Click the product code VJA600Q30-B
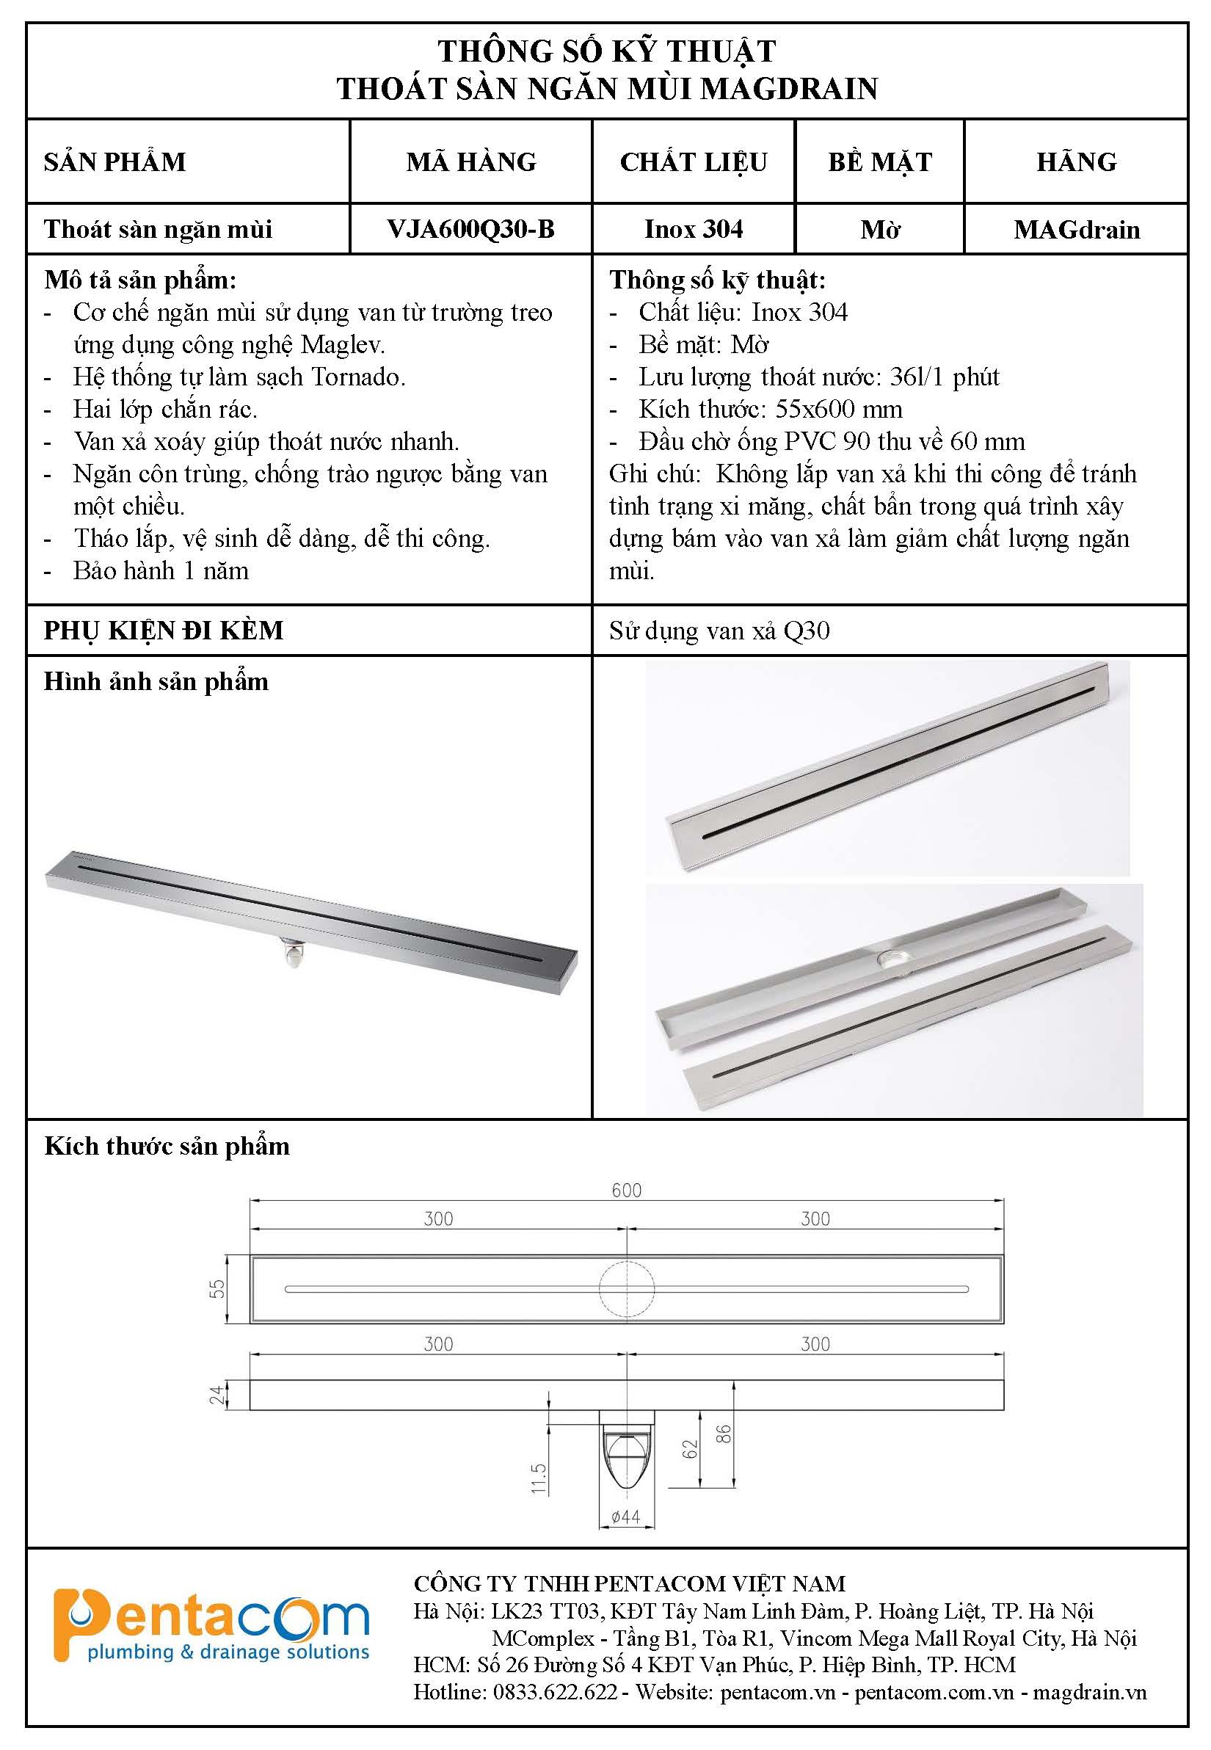(x=470, y=229)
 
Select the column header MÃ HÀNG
(x=471, y=161)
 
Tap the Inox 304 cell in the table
(x=694, y=229)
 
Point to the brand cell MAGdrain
(x=1076, y=229)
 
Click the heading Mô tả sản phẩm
(x=140, y=280)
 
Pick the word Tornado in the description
(x=358, y=377)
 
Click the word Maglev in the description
(x=342, y=344)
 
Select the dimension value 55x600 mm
(x=838, y=410)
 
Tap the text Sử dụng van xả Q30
(x=719, y=631)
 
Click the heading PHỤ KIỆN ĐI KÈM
(x=164, y=631)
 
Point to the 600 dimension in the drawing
(x=627, y=1190)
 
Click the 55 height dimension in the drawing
(x=218, y=1288)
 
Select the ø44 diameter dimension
(x=626, y=1517)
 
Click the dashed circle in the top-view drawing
(x=627, y=1288)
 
